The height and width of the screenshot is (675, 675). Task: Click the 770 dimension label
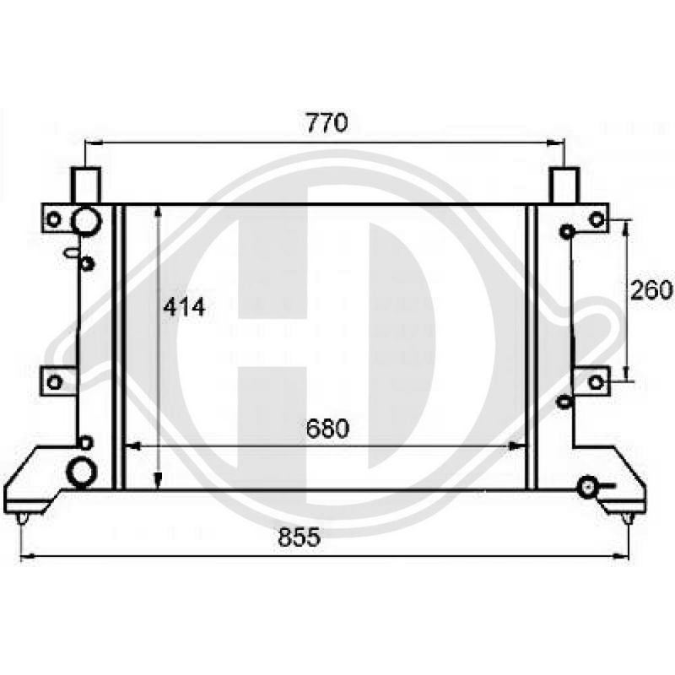(x=327, y=122)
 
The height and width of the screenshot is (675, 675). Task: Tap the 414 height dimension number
(x=184, y=307)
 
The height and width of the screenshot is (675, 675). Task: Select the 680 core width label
(x=327, y=429)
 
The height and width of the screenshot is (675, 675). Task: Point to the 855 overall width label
(x=300, y=537)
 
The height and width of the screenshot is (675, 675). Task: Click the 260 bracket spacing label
(x=651, y=289)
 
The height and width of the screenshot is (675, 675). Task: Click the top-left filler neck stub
(x=86, y=185)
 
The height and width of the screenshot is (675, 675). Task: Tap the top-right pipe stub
(x=564, y=185)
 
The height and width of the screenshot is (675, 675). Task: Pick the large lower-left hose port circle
(x=82, y=472)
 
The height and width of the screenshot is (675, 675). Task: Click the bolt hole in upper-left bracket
(x=53, y=219)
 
